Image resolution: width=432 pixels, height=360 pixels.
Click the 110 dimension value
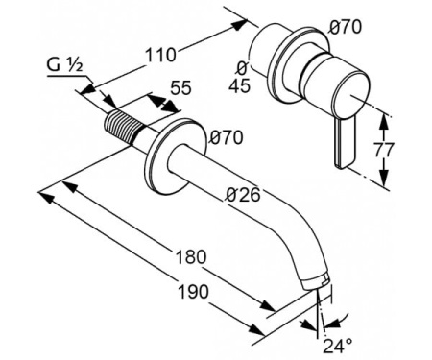pyautogui.click(x=161, y=55)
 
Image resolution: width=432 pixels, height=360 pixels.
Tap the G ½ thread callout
pyautogui.click(x=65, y=65)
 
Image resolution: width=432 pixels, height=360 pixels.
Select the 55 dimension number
pyautogui.click(x=180, y=87)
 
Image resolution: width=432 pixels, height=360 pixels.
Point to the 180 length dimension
pyautogui.click(x=191, y=256)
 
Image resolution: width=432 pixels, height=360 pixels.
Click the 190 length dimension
pyautogui.click(x=194, y=292)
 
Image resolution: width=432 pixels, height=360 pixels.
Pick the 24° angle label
pyautogui.click(x=338, y=346)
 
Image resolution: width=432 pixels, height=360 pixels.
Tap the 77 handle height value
pyautogui.click(x=383, y=150)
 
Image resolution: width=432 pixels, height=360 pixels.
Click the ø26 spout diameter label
pyautogui.click(x=243, y=195)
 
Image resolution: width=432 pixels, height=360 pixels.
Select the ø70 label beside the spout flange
pyautogui.click(x=227, y=137)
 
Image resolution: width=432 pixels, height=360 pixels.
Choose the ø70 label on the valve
pyautogui.click(x=346, y=27)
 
